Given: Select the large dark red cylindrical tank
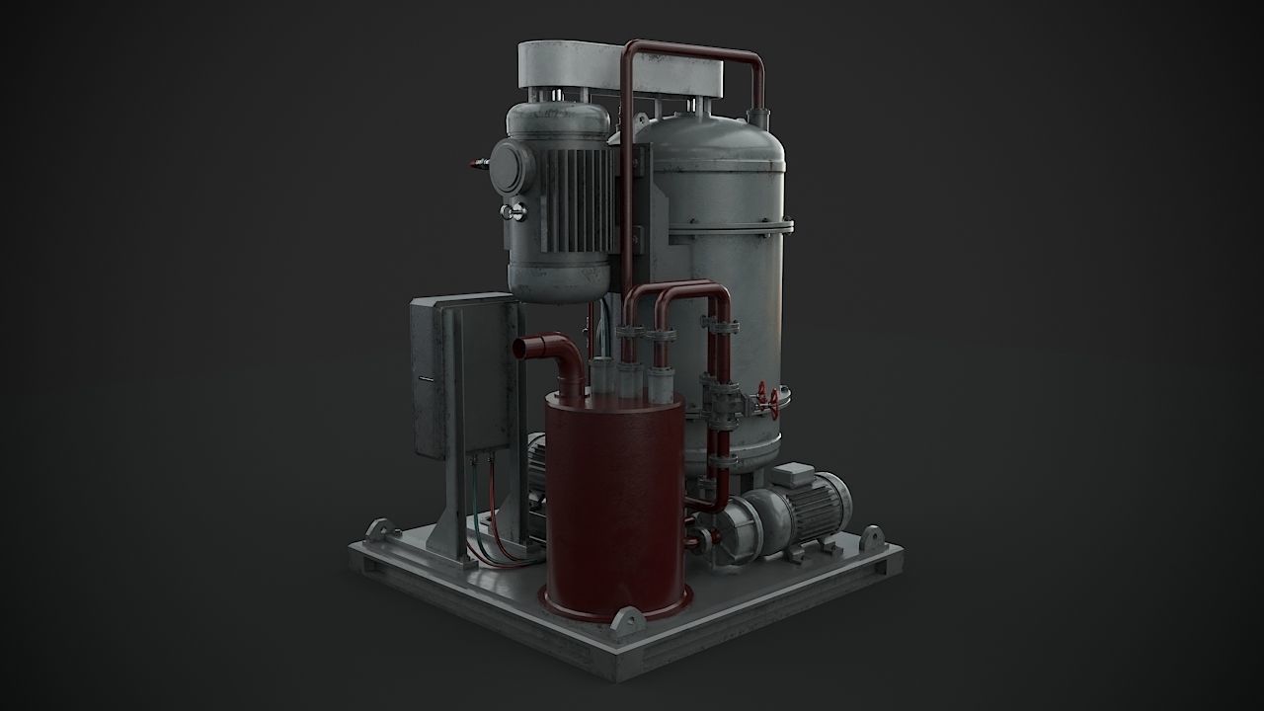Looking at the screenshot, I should tap(613, 504).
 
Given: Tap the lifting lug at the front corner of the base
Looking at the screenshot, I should tap(626, 621).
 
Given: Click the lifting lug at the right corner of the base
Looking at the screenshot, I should tap(871, 539).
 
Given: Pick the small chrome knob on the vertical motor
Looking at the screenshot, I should tap(510, 211).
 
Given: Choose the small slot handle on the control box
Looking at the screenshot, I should tap(423, 378).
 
